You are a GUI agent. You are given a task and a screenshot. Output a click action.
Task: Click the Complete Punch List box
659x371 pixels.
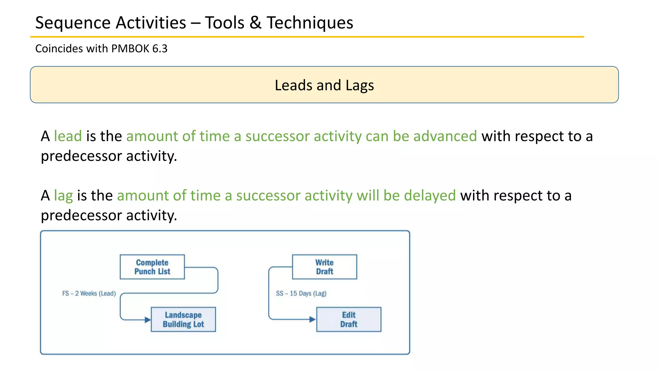[152, 267]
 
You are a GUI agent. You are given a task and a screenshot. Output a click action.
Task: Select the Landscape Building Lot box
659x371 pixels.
[183, 319]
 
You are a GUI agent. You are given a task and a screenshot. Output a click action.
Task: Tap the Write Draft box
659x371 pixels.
[324, 267]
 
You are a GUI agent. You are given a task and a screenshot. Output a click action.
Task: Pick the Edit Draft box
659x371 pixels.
[348, 319]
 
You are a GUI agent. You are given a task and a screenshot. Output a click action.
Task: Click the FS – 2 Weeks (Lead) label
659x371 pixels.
[89, 293]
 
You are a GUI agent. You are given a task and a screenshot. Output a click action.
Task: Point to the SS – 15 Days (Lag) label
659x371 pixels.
[301, 293]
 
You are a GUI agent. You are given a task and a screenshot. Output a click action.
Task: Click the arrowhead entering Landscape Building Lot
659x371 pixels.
[148, 320]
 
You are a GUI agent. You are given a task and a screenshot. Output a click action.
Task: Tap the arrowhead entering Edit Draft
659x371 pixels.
[312, 319]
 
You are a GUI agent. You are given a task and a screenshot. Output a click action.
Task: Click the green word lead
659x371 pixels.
[68, 136]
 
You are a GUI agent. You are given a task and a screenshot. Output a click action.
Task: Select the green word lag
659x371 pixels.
[63, 195]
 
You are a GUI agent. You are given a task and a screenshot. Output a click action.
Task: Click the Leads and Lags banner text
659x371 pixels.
[324, 85]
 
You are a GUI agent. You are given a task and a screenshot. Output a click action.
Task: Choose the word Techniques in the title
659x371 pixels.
[310, 23]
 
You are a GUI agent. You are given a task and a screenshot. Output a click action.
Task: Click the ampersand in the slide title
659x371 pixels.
[255, 23]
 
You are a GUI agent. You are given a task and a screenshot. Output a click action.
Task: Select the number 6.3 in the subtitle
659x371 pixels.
[160, 49]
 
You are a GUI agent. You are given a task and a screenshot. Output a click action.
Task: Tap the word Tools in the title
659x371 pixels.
[225, 23]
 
